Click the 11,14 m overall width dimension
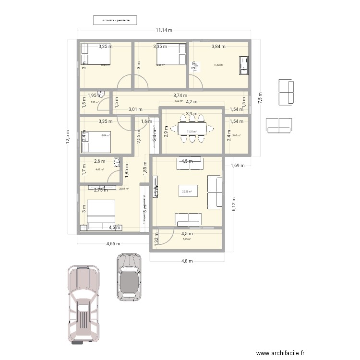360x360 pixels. (164, 30)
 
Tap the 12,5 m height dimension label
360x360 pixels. (68, 139)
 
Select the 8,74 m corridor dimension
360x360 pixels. (180, 96)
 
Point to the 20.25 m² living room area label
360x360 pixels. (187, 192)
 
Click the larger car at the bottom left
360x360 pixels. (85, 304)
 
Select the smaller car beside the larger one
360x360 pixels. (128, 277)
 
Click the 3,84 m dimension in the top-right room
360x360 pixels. (219, 47)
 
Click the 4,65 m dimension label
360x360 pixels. (113, 244)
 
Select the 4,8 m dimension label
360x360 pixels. (187, 261)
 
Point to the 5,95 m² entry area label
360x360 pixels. (187, 240)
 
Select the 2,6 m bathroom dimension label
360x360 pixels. (99, 162)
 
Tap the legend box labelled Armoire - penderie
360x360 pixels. (115, 20)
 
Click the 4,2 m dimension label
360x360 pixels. (192, 102)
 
